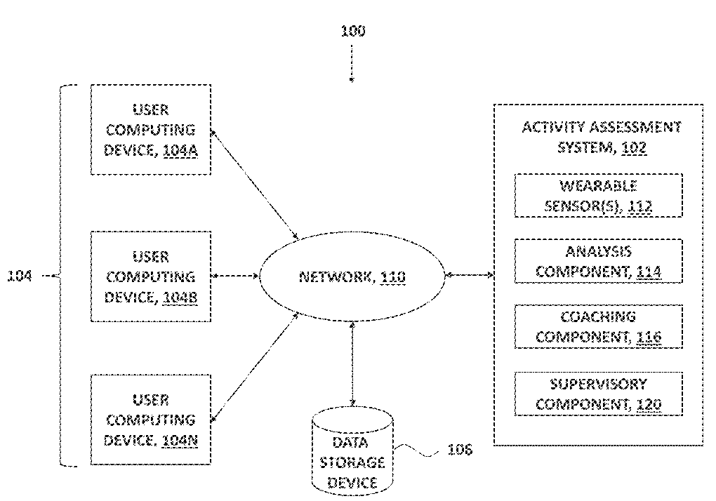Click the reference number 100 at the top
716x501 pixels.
353,31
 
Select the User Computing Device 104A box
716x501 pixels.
151,130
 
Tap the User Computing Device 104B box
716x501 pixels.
151,276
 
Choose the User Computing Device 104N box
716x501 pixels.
151,420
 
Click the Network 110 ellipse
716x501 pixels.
352,276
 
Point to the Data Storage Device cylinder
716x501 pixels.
352,450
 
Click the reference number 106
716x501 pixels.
460,450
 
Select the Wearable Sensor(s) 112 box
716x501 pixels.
598,195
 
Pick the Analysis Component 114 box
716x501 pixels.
598,261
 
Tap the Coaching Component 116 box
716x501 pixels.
598,327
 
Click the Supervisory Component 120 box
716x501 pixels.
598,394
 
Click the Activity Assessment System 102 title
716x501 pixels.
602,137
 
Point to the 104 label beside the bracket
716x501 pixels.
20,276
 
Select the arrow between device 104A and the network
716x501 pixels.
255,185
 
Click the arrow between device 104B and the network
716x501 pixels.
235,276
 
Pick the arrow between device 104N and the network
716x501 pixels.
255,367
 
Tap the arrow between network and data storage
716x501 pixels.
352,363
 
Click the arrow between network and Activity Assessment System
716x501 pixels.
470,274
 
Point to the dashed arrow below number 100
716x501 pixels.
352,63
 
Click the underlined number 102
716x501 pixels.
634,147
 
